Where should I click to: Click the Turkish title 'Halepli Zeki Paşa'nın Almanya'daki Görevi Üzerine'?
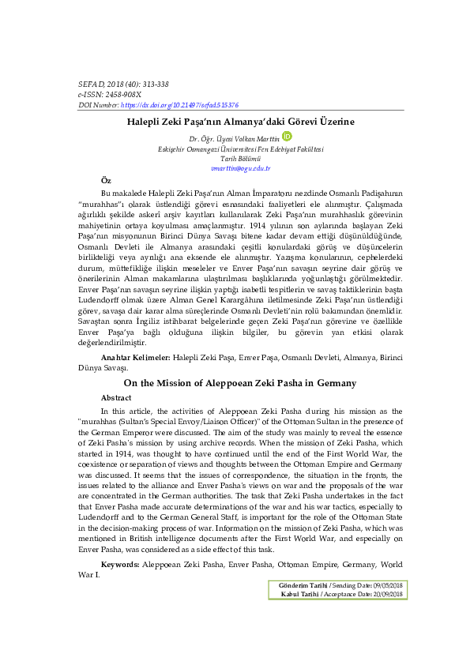point(240,122)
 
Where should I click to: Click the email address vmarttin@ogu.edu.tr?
point(240,167)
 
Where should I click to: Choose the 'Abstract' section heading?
point(116,398)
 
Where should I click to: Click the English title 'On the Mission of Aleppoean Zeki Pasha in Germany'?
point(240,383)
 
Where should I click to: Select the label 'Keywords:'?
point(120,565)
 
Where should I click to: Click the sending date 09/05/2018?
point(385,584)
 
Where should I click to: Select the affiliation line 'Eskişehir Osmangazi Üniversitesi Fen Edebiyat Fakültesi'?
point(240,148)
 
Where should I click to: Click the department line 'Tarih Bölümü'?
point(240,158)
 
